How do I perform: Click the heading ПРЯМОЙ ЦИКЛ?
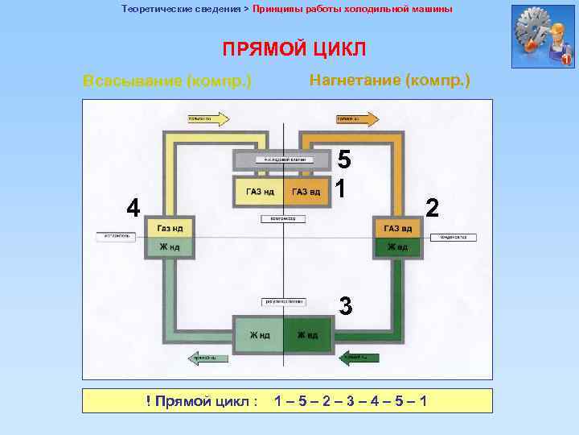294,49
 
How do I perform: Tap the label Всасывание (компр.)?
167,81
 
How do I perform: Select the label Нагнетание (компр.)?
390,81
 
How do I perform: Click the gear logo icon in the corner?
543,36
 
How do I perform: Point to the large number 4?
133,208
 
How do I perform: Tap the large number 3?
345,306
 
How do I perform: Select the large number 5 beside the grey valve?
343,159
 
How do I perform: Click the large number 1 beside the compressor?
342,188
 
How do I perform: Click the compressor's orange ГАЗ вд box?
306,192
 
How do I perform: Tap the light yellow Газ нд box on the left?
169,228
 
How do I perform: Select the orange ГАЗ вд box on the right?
397,228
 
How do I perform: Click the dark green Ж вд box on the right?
397,246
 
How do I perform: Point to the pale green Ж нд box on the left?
169,246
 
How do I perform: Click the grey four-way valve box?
281,159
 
